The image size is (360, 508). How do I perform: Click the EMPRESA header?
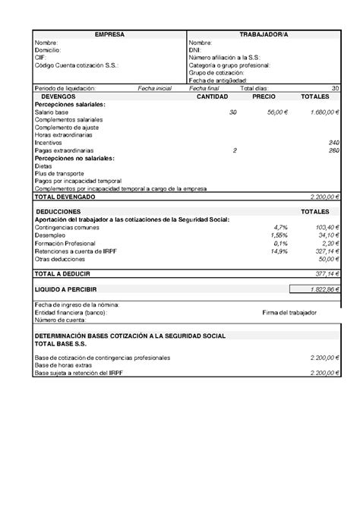[109, 35]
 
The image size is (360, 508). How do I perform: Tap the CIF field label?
[40, 58]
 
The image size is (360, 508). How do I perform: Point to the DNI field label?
[194, 50]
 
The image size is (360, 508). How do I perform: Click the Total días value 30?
[335, 89]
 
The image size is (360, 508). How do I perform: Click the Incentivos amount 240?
[333, 143]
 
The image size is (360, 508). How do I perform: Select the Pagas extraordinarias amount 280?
[333, 150]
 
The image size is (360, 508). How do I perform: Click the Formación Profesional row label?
[65, 242]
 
